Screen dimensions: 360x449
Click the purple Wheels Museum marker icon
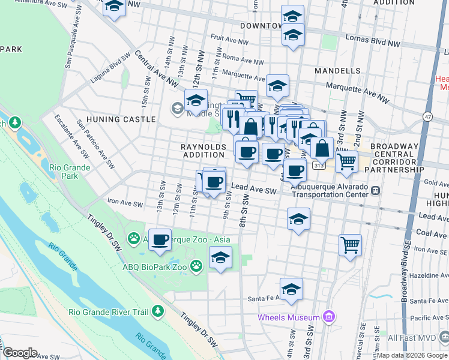coord(328,317)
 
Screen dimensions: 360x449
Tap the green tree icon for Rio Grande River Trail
coord(158,311)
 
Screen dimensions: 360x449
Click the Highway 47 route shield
coord(427,116)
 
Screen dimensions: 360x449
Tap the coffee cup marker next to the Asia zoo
coord(160,240)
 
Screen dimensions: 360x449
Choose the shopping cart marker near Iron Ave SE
coord(350,244)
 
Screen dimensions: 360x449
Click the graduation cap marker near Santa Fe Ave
coord(291,289)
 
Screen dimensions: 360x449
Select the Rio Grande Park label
coord(70,172)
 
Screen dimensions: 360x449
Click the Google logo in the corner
coord(20,353)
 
